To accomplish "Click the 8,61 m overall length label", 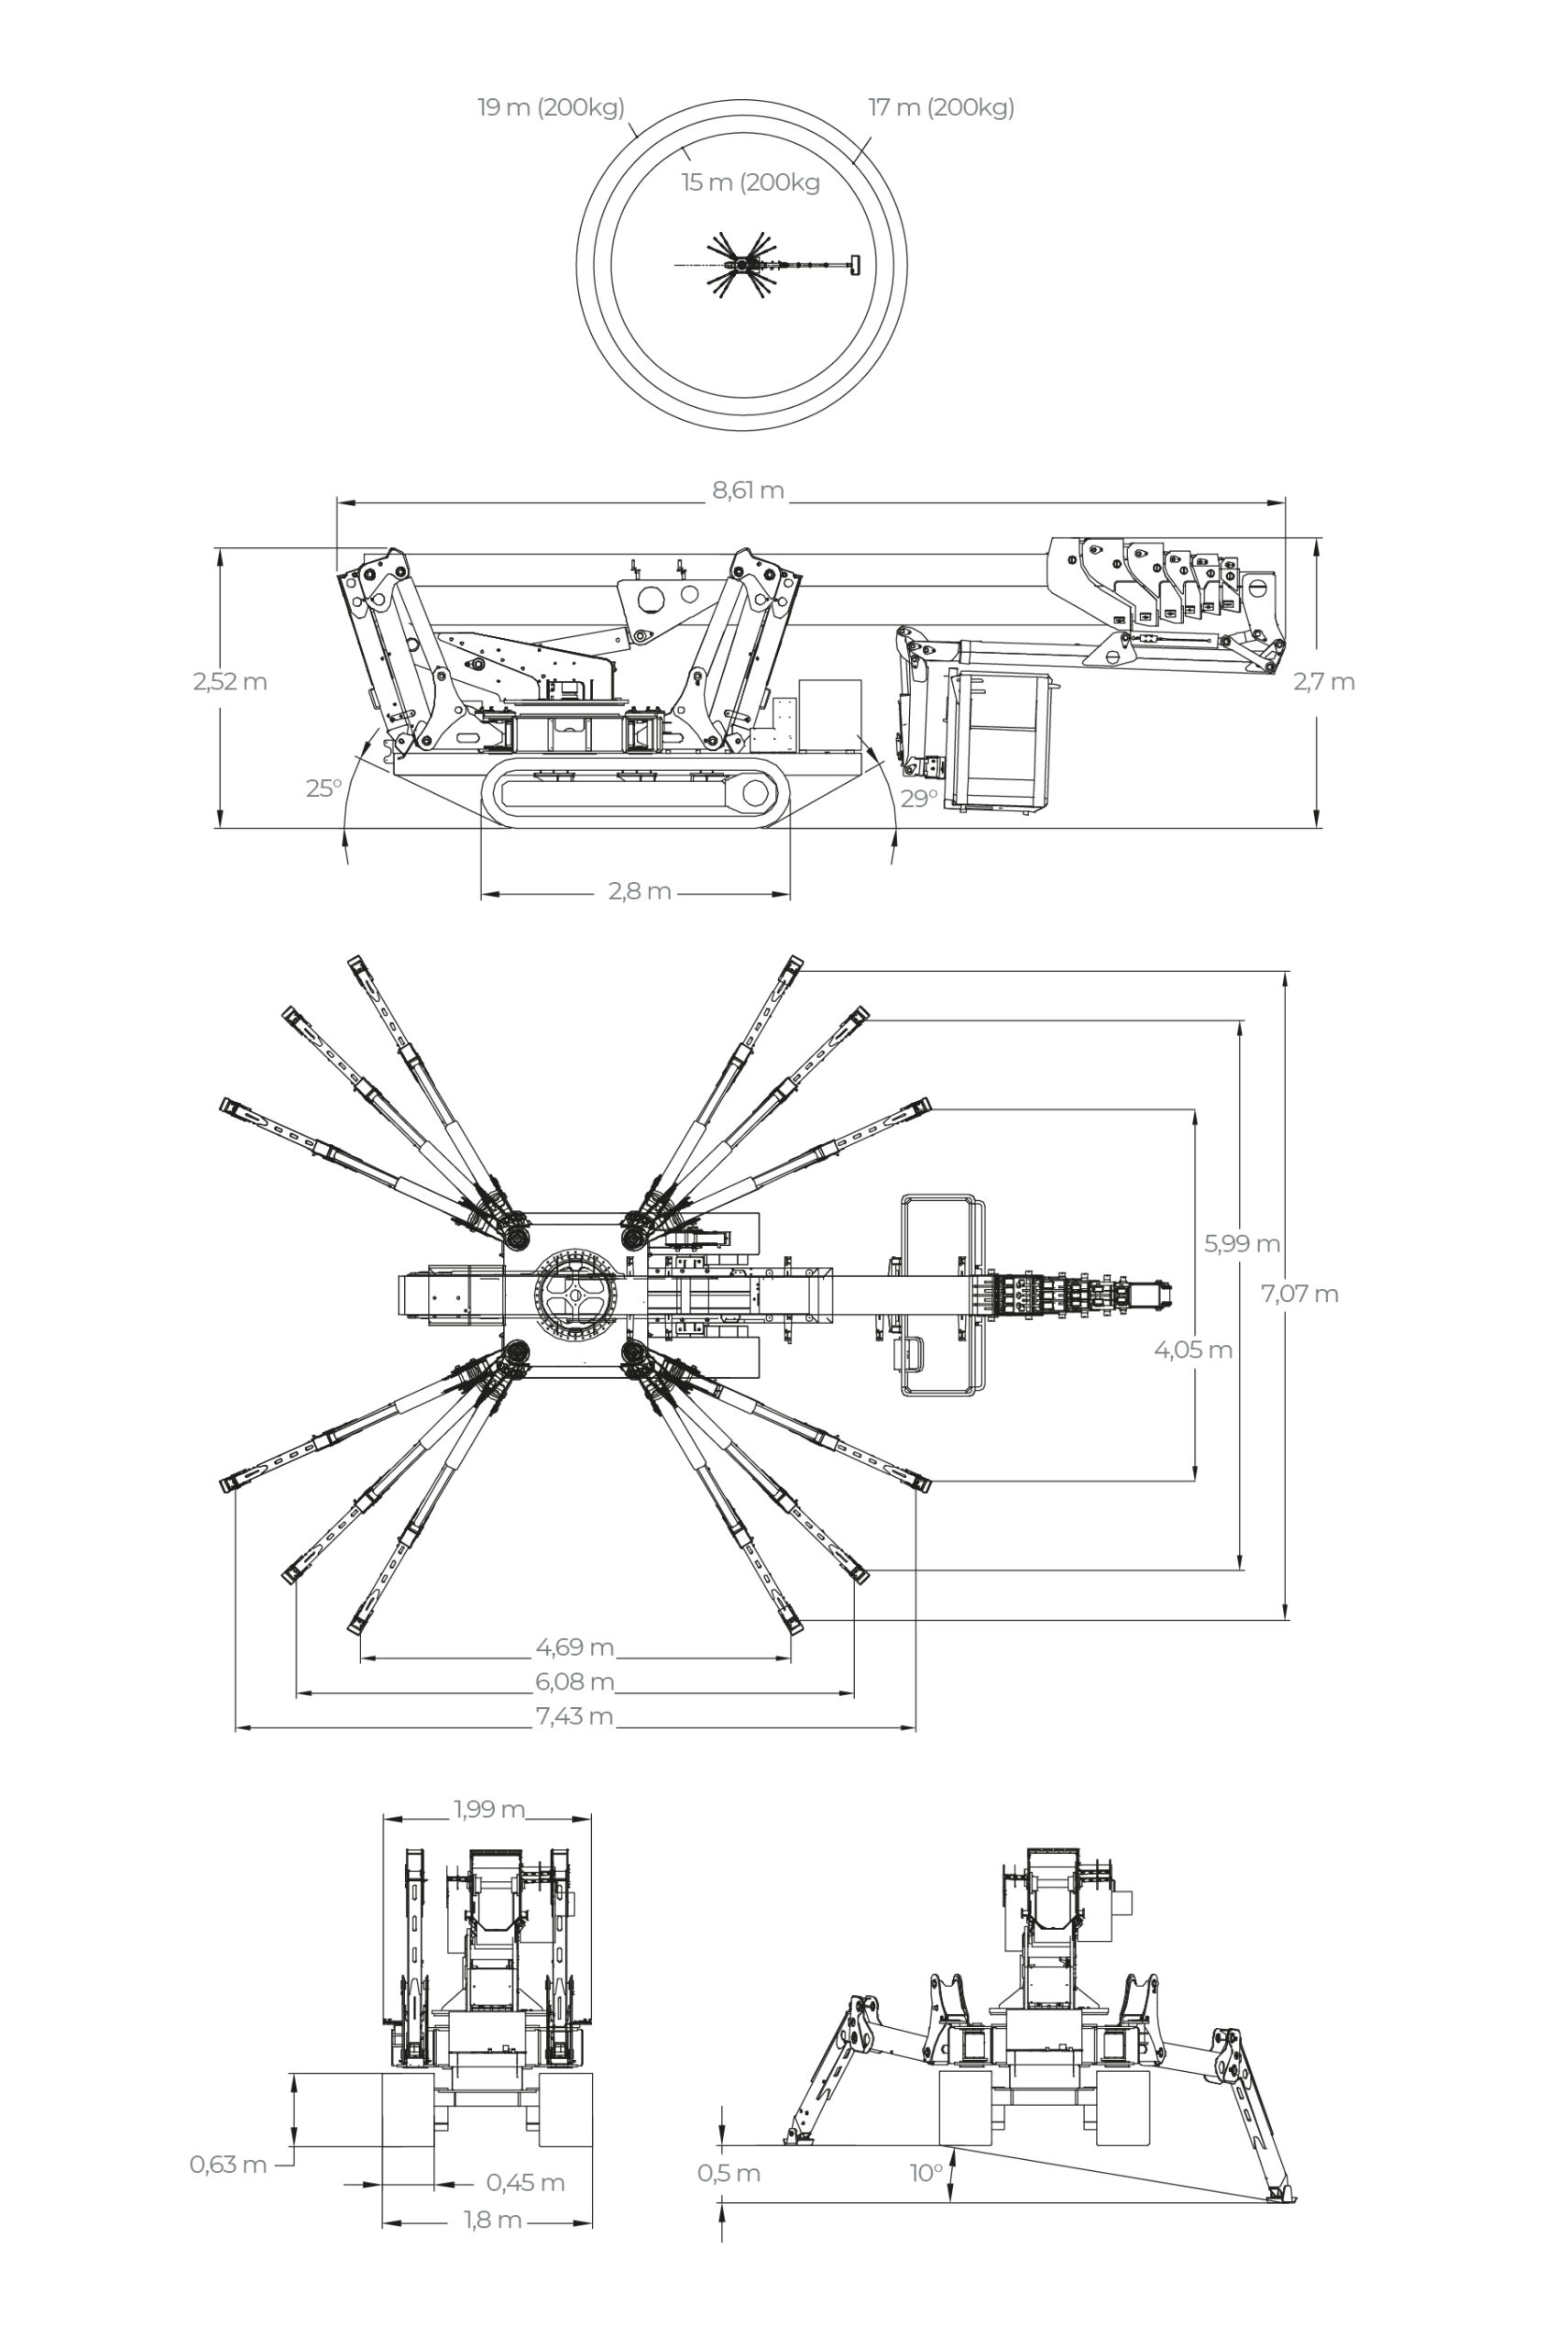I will point(749,490).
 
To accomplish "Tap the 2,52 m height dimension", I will point(230,681).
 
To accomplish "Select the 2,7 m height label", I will point(1323,681).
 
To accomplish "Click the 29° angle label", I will point(918,798).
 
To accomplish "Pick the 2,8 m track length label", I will point(639,891).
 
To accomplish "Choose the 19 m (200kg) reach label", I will point(550,107).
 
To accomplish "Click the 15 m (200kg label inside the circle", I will point(751,182).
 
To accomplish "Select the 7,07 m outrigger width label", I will point(1299,1294).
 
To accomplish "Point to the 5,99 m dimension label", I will point(1242,1243).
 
